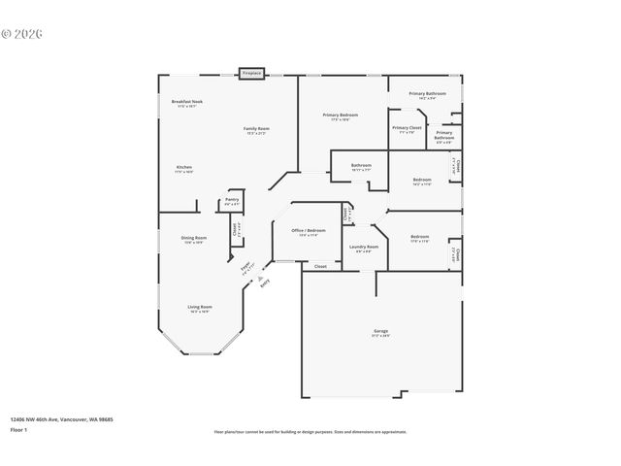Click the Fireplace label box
[x=252, y=73]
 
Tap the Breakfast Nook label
[x=186, y=102]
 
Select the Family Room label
[x=256, y=129]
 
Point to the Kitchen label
[x=183, y=168]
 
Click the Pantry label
[x=232, y=200]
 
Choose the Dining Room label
[x=193, y=238]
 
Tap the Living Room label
[x=200, y=308]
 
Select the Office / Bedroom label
[x=309, y=231]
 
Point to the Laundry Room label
[x=364, y=247]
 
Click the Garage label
[x=380, y=332]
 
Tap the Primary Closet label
[x=407, y=128]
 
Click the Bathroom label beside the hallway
[x=361, y=166]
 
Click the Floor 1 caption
[x=18, y=429]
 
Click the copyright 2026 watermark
[x=22, y=33]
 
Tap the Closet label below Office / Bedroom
[x=319, y=265]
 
